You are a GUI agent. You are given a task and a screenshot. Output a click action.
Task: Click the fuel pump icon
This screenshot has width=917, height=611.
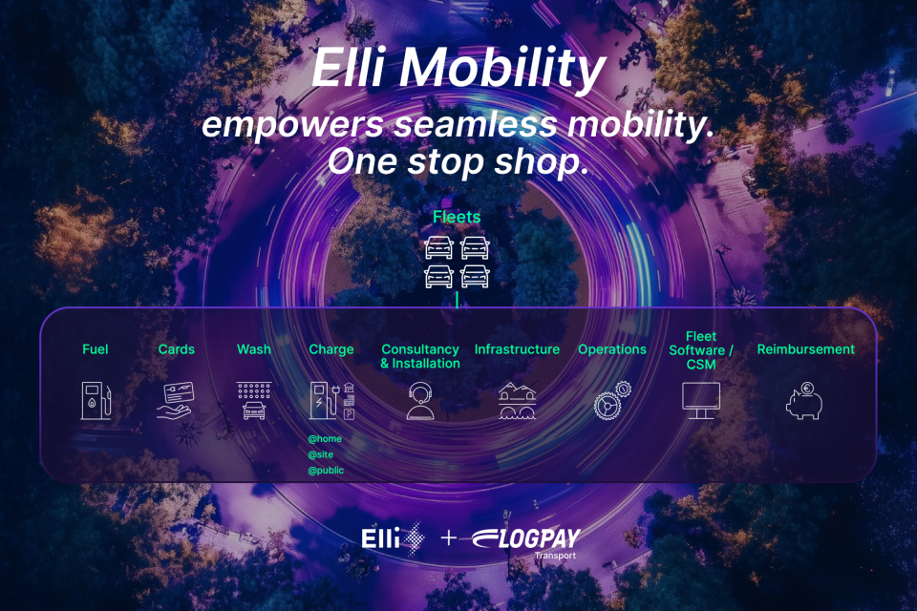[96, 401]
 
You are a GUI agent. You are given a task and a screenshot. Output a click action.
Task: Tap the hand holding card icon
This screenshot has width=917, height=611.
[176, 401]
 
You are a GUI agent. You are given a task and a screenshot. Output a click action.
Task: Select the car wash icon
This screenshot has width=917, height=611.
[254, 401]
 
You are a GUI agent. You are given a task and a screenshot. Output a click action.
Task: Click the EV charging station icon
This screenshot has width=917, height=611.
[332, 401]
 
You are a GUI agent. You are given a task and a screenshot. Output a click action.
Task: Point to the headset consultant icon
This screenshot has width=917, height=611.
[420, 401]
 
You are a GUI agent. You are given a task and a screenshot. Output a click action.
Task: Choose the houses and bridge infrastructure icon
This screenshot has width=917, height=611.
[517, 401]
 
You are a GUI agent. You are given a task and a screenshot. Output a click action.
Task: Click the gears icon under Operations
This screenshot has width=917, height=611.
[612, 401]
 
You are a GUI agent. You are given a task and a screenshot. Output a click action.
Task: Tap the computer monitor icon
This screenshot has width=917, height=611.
[701, 401]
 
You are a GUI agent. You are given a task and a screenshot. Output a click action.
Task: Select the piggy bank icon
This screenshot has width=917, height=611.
[804, 401]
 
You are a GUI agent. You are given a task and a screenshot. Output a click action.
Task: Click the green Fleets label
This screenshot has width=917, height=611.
[457, 217]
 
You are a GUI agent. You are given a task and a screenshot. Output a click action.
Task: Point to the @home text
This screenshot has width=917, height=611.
[325, 438]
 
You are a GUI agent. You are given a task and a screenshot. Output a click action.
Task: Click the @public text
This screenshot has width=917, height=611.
[326, 470]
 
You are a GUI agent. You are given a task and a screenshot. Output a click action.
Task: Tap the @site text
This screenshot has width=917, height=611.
[321, 454]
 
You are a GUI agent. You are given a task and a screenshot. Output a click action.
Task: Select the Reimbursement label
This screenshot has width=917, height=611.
[806, 349]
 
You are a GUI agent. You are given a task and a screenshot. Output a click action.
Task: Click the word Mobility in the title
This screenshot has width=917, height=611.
[502, 69]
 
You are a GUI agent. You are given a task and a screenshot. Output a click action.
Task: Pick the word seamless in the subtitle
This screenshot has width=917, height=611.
[476, 124]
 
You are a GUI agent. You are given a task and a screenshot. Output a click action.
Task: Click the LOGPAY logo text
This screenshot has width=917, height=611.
[526, 538]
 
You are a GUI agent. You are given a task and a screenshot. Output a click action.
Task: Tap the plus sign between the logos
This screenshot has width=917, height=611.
[449, 537]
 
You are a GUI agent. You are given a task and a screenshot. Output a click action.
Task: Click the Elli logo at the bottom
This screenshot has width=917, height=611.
[393, 537]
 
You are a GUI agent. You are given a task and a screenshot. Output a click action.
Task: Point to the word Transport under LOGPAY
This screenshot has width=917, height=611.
[555, 556]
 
